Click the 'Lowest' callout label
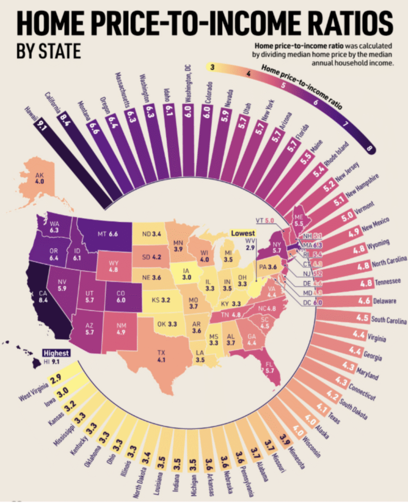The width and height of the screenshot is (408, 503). tap(244, 233)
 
